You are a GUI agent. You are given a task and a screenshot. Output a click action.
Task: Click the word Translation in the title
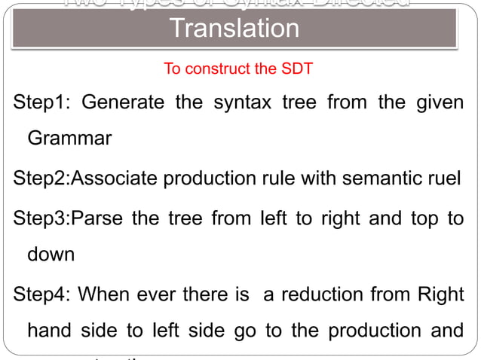coord(234,29)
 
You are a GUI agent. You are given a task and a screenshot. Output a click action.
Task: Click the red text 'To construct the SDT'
coord(238,69)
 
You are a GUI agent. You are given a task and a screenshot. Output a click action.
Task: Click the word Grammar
coord(70,139)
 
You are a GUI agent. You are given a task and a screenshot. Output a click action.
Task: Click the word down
coord(51,254)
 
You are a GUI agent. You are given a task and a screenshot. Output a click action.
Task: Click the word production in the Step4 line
coord(370,331)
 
